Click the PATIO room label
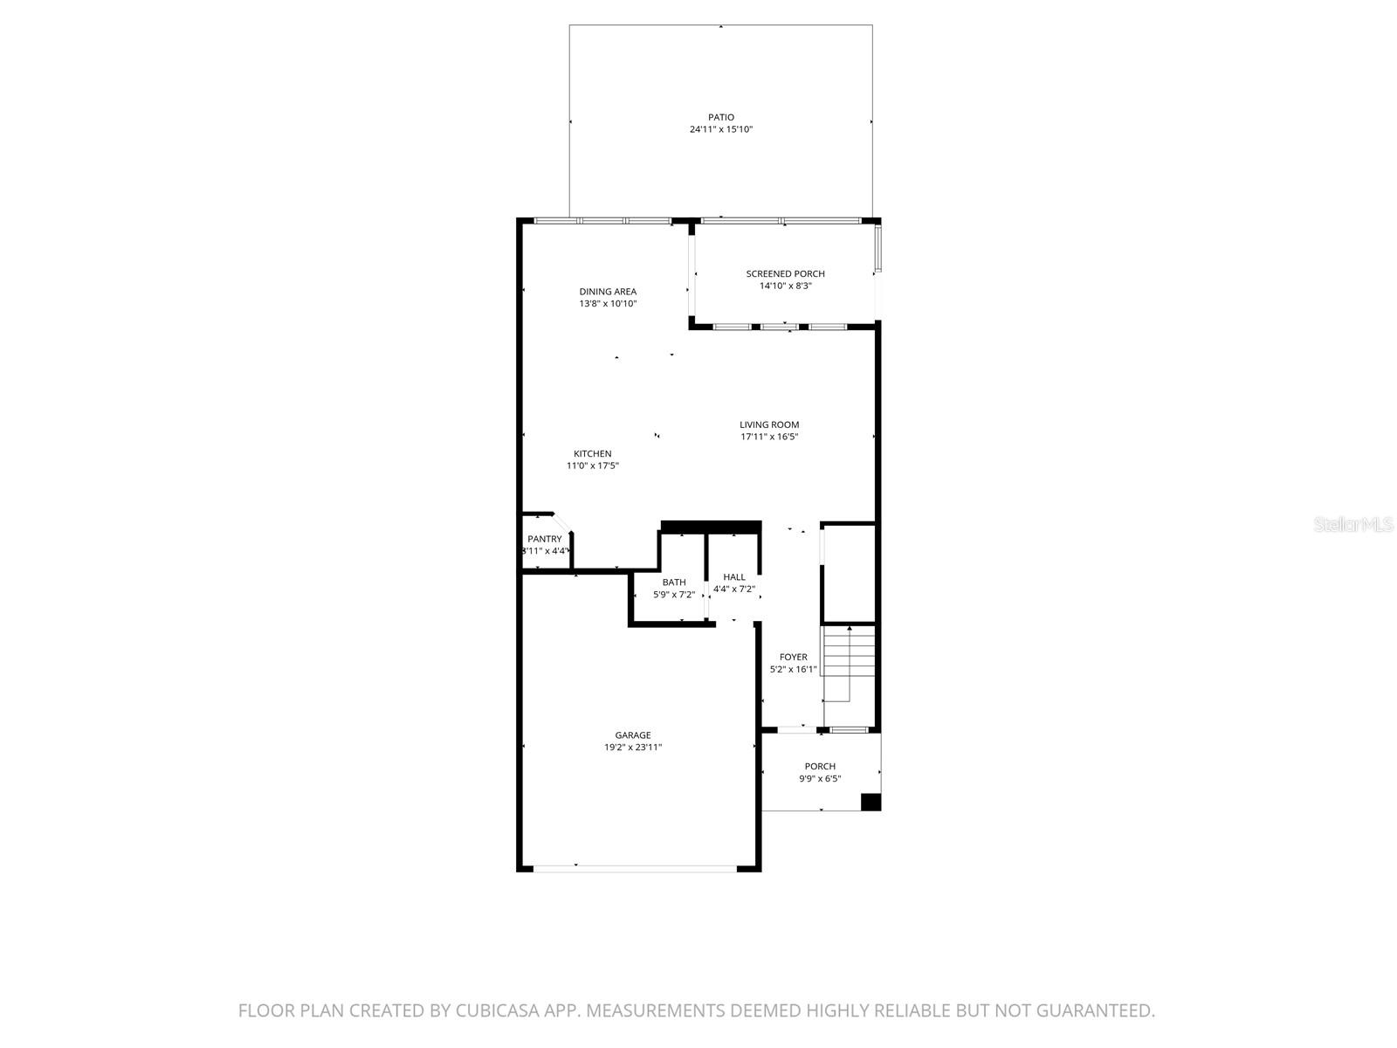[x=720, y=117]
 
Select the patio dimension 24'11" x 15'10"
[x=720, y=129]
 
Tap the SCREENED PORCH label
[x=785, y=273]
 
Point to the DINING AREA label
[x=608, y=292]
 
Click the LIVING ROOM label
[x=769, y=424]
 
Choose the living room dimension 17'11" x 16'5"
[x=769, y=437]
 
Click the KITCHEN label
[x=592, y=453]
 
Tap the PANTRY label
[x=544, y=539]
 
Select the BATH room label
[x=674, y=583]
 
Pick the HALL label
[x=734, y=576]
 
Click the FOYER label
[x=793, y=657]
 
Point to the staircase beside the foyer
[x=850, y=664]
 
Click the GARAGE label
[x=632, y=735]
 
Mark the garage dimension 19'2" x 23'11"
[x=632, y=748]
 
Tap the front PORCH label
[x=820, y=766]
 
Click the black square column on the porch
[x=871, y=802]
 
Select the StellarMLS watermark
[x=1354, y=524]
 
